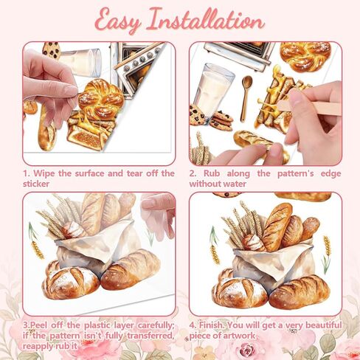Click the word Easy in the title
(118, 21)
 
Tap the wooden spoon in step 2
(246, 97)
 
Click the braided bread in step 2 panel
(305, 56)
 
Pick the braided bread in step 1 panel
(101, 97)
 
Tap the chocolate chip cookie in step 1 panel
(52, 50)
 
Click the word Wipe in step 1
(44, 173)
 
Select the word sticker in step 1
(36, 184)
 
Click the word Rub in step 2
(212, 173)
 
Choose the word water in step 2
(235, 184)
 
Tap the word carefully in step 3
(156, 325)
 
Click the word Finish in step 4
(212, 325)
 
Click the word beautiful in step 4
(324, 325)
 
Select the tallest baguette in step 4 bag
(277, 226)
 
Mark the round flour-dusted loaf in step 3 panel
(71, 283)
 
